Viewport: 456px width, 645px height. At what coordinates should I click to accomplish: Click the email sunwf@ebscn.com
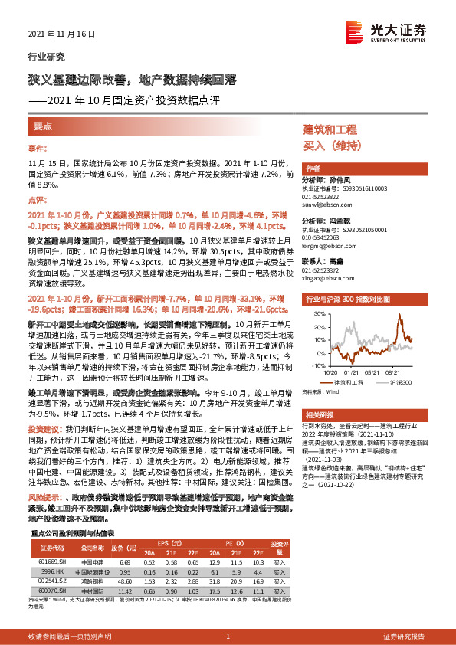[x=324, y=206]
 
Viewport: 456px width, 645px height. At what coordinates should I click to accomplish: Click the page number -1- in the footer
[x=228, y=637]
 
